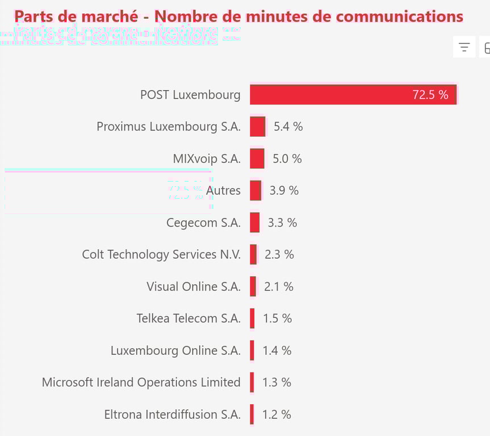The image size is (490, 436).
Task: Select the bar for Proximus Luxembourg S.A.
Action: coord(258,127)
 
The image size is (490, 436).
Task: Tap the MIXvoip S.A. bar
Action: coord(257,158)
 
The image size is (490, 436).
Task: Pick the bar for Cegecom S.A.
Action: coord(255,223)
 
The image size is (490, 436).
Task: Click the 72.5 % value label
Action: coord(430,95)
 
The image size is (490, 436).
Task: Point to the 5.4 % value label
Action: coord(288,127)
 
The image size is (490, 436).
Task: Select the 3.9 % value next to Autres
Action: coord(284,191)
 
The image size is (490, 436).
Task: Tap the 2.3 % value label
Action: coord(279,254)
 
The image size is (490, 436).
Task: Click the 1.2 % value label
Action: coord(277,414)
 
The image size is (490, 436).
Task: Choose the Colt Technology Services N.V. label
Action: coord(161,254)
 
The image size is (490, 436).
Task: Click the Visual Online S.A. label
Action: coord(194,287)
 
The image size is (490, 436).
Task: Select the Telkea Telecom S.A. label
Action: coord(189,318)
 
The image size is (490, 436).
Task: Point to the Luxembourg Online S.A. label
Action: coord(175,351)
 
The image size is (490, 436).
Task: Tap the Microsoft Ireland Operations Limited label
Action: coord(141,383)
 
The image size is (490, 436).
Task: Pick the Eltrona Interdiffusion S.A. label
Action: coord(172,414)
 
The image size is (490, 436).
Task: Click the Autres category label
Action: coord(223,191)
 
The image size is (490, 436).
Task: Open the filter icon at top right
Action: coord(464,48)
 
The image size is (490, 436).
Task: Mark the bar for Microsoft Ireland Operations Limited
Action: coord(252,383)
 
